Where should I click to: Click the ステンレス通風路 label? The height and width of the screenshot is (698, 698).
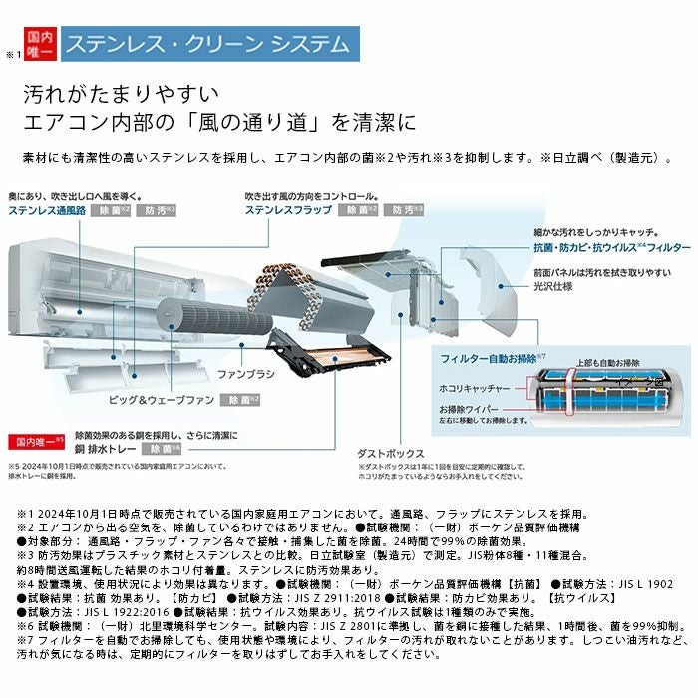click(46, 211)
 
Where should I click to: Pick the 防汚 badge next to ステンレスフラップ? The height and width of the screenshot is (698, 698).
click(406, 211)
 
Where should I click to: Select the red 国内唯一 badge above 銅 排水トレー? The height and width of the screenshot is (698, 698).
click(37, 440)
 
